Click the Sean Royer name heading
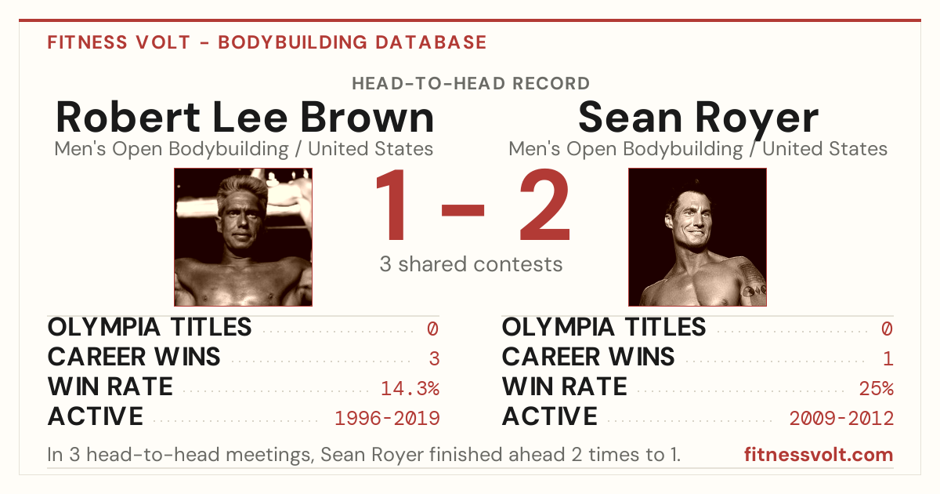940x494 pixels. click(698, 119)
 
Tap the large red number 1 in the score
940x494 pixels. click(391, 204)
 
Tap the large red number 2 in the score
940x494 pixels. click(544, 204)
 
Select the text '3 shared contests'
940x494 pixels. click(471, 264)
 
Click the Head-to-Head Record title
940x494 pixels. click(471, 83)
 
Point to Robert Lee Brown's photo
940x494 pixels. click(244, 238)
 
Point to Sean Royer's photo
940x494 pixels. click(697, 238)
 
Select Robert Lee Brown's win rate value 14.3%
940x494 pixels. click(410, 388)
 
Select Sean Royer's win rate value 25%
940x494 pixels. click(877, 388)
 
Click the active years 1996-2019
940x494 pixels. click(387, 419)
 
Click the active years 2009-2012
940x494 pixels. click(841, 419)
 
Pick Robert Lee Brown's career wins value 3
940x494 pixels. click(434, 358)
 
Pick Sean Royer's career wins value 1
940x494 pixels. click(888, 358)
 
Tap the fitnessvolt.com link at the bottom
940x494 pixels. click(819, 455)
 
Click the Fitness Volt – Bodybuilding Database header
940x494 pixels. click(267, 42)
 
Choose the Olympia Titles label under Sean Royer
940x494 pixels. click(604, 327)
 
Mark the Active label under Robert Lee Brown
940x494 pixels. click(96, 416)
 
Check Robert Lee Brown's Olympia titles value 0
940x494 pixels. click(432, 329)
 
